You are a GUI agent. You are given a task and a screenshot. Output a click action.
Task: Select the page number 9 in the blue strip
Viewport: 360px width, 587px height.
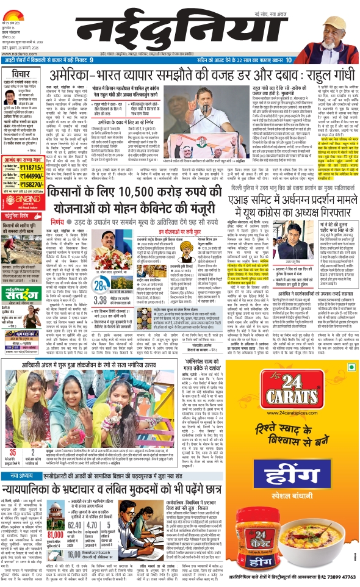click(x=92, y=61)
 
